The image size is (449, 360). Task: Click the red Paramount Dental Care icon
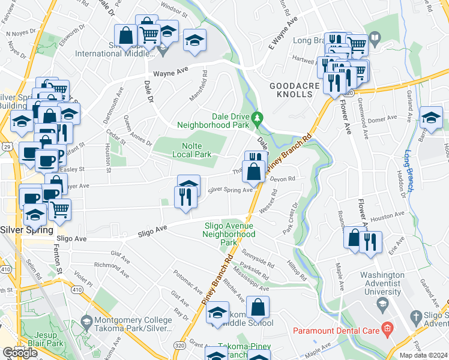(x=387, y=329)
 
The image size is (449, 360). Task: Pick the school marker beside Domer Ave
(x=431, y=118)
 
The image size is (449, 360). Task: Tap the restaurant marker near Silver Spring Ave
(x=185, y=197)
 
